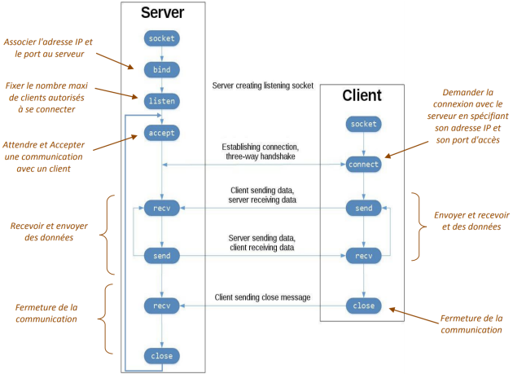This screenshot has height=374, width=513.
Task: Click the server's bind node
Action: tap(161, 70)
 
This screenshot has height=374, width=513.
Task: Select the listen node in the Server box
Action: tap(161, 101)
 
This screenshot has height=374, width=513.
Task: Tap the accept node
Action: tap(161, 133)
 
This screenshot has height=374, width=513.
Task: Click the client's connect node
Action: tap(363, 165)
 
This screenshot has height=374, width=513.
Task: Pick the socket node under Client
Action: tap(363, 124)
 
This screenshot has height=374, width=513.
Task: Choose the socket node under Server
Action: tap(161, 38)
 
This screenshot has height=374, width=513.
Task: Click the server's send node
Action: tap(161, 256)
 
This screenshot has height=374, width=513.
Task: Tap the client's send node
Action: tap(363, 208)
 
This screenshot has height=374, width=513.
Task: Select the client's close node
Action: tap(363, 306)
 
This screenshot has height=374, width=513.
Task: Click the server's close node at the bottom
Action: tap(161, 356)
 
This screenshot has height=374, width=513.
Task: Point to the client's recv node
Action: tap(363, 256)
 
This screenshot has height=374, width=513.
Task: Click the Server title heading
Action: tap(163, 13)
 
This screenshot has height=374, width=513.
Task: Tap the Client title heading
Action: tap(362, 95)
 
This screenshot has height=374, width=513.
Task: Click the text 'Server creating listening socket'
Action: tap(263, 86)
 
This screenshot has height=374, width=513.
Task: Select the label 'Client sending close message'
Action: tap(262, 297)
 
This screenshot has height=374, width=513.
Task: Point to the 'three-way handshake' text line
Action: tap(261, 156)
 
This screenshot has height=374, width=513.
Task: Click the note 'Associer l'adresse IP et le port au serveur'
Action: tap(48, 48)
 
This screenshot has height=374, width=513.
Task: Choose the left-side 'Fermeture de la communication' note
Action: tap(46, 313)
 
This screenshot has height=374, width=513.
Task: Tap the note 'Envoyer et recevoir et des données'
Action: tap(471, 221)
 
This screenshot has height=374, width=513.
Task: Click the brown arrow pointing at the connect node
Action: tap(406, 150)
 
